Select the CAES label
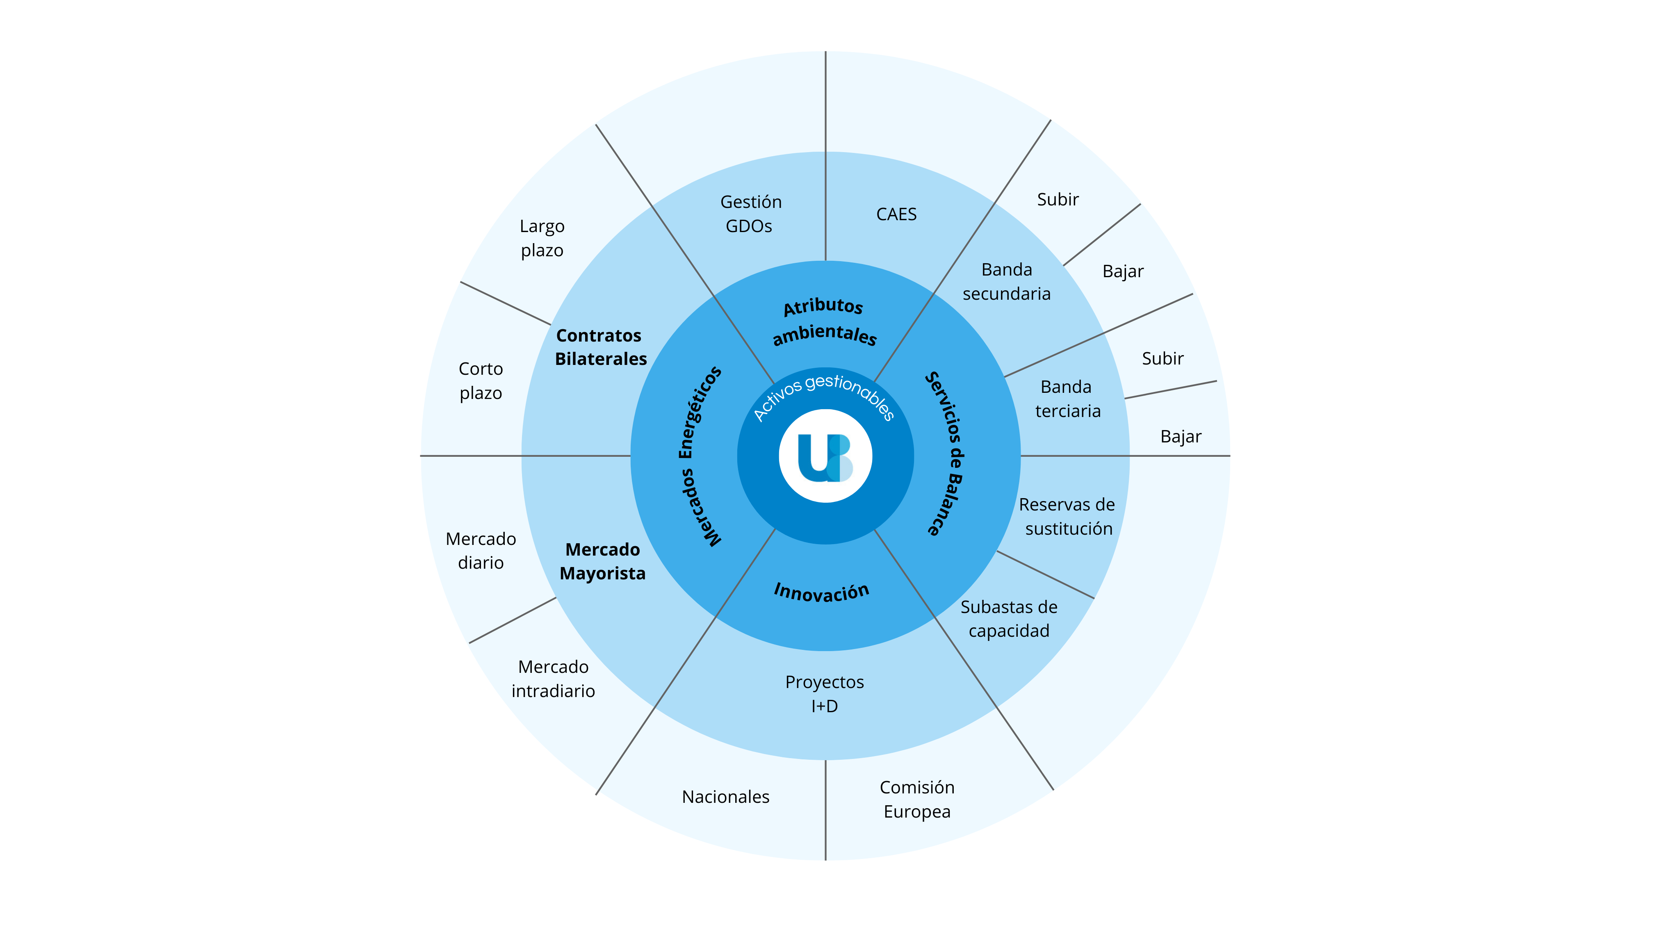[x=896, y=214]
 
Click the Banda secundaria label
[x=1007, y=281]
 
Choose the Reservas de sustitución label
[x=1067, y=516]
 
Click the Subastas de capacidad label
[x=1009, y=619]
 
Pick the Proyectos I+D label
[x=825, y=694]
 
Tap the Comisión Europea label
[x=917, y=800]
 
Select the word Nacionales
[x=725, y=797]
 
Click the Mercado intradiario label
[x=553, y=679]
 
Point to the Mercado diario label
[x=481, y=551]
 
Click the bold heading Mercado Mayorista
[x=603, y=561]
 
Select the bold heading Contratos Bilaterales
[x=601, y=347]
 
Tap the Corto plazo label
[x=481, y=381]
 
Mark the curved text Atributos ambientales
[x=824, y=321]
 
